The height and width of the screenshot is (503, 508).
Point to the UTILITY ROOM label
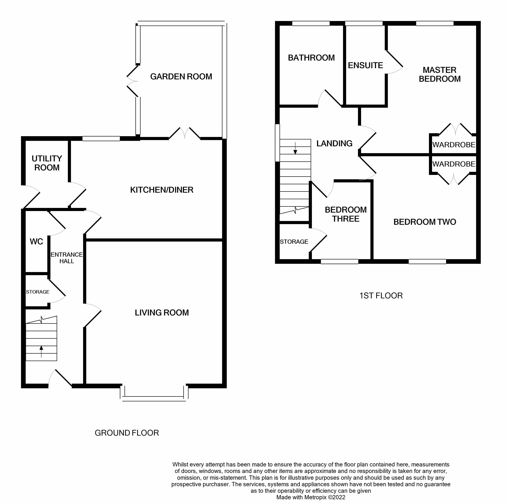point(47,163)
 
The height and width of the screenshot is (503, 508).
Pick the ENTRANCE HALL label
point(66,258)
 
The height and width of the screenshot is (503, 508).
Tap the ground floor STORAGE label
point(38,292)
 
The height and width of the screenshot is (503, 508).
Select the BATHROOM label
point(311,58)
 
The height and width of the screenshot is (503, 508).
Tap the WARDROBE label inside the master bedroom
point(454,145)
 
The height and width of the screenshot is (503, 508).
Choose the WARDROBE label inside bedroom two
point(454,164)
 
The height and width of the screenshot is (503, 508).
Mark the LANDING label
point(334,143)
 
